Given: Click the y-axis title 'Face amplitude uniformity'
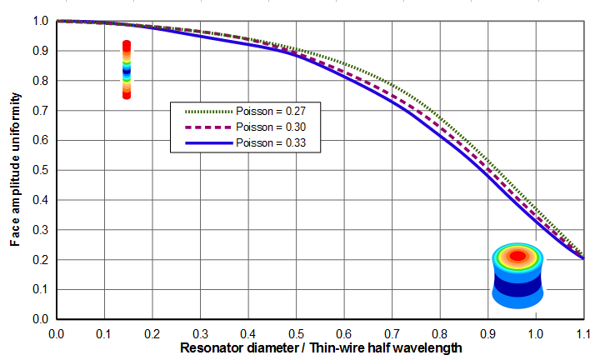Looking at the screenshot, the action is (15, 169).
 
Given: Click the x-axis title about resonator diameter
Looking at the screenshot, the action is (321, 348).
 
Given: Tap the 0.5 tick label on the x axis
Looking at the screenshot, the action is (296, 334).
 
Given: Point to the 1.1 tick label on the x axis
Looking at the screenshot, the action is (583, 334).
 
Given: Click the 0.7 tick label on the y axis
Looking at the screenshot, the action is (40, 111).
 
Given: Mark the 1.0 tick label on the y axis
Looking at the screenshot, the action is (40, 21).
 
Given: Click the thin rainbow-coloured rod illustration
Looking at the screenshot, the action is (127, 70).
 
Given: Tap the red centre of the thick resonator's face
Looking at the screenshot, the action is (517, 256).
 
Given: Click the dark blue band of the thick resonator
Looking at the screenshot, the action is (517, 287).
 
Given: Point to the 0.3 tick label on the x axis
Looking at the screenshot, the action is (200, 334).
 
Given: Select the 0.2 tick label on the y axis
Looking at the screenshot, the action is (40, 260).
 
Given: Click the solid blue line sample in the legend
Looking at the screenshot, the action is (208, 143).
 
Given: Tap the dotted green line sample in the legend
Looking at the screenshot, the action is (208, 112).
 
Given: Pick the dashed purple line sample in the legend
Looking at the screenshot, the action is (208, 127).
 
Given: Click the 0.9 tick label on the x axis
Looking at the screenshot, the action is (487, 334).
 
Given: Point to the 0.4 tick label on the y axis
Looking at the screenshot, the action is (40, 200).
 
